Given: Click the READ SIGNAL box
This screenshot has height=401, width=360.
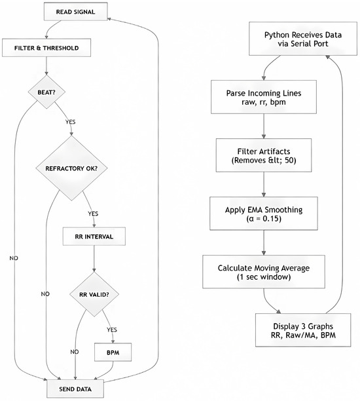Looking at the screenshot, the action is (76, 12).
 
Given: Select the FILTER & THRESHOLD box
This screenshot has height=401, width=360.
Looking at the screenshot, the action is (46, 48).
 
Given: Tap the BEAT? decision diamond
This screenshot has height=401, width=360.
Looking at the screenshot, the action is (46, 92).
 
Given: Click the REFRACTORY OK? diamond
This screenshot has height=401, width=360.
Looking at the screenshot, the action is (71, 168).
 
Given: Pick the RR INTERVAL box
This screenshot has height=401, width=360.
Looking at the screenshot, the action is (94, 237).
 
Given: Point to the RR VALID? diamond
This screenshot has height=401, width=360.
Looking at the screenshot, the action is (94, 294).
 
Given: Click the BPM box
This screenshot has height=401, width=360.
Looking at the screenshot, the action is (113, 353).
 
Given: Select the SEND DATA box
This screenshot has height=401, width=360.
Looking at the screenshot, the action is (75, 389).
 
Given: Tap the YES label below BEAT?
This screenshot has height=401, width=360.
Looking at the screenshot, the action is (70, 122).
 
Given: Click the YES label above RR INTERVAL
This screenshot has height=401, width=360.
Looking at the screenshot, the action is (93, 214).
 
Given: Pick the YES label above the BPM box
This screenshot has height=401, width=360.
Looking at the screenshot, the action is (112, 330).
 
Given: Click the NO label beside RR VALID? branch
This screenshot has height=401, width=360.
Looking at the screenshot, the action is (75, 352).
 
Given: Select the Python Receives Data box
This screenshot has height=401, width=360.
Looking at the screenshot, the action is (303, 39).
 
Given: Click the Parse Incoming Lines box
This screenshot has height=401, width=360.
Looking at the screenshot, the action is (264, 97).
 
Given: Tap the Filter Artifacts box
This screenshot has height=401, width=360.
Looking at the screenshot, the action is (264, 155).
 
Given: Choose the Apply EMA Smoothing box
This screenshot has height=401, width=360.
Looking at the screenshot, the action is (264, 214).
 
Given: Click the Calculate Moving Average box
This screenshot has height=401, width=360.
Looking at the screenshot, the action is (264, 272).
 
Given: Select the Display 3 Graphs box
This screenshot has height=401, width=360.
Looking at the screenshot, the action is (303, 330).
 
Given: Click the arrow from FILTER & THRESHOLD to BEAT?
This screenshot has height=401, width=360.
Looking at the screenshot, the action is (46, 66).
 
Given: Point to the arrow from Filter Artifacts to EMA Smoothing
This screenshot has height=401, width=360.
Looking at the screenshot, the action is (264, 184).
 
